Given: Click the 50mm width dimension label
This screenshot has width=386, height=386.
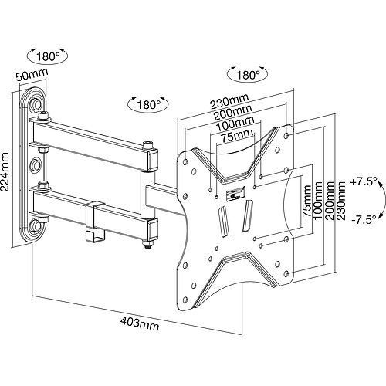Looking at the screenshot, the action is tap(32, 75).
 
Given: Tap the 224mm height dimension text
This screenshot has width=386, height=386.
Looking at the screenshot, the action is tap(5, 172).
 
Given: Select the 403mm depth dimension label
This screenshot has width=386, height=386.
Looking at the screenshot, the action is tap(140, 323).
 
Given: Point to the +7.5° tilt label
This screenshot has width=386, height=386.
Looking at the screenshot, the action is tap(363, 182).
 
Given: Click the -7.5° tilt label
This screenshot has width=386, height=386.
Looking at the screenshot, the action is tap(364, 220).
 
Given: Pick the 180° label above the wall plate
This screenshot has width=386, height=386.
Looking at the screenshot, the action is tap(48, 56).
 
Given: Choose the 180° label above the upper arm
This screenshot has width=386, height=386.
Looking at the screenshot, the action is tap(148, 105).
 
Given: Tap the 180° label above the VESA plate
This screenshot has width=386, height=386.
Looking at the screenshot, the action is tap(248, 75).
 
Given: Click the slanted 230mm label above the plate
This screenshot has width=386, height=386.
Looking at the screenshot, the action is tap(229, 101).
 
